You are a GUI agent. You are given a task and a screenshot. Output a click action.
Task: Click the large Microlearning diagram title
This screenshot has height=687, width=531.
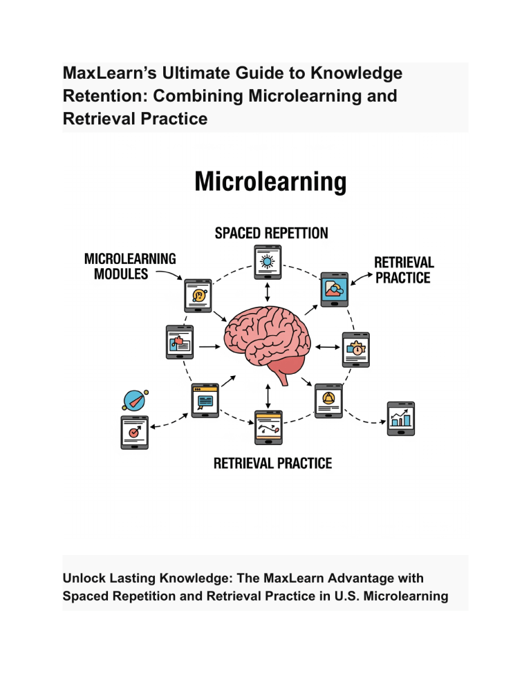click(270, 181)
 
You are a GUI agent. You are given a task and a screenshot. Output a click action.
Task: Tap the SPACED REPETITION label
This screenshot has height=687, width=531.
click(272, 233)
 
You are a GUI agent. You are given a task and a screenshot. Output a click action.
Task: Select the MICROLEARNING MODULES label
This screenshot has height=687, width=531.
click(130, 266)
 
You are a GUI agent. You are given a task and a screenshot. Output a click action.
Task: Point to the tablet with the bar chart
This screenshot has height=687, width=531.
click(401, 418)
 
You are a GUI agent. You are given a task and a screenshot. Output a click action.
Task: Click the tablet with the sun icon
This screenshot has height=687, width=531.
click(268, 262)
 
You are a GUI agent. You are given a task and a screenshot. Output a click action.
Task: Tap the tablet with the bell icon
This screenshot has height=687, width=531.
click(328, 400)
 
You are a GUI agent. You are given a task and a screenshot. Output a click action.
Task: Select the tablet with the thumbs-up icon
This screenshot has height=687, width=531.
click(180, 341)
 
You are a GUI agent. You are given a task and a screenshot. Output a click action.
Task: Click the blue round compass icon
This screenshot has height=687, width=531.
click(135, 400)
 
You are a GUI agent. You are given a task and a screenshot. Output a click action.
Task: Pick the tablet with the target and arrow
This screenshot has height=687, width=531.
click(135, 433)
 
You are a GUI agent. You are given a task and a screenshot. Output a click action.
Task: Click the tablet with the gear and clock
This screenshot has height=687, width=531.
click(355, 350)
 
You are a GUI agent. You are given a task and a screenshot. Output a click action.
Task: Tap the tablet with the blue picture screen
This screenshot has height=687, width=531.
click(334, 289)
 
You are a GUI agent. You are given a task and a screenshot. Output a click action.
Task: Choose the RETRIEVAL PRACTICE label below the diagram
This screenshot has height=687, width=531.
click(272, 464)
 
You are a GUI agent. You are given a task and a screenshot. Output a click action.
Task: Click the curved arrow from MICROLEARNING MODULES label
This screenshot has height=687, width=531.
click(170, 274)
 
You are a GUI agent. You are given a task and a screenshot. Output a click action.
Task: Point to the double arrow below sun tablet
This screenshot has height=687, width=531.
click(268, 292)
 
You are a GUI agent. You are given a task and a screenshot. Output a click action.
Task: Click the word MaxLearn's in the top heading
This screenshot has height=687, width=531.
click(110, 73)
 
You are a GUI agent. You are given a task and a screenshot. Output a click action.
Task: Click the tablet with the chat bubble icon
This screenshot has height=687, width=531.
click(205, 400)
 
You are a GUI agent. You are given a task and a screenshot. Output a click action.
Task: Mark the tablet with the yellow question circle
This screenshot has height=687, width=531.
click(198, 295)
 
